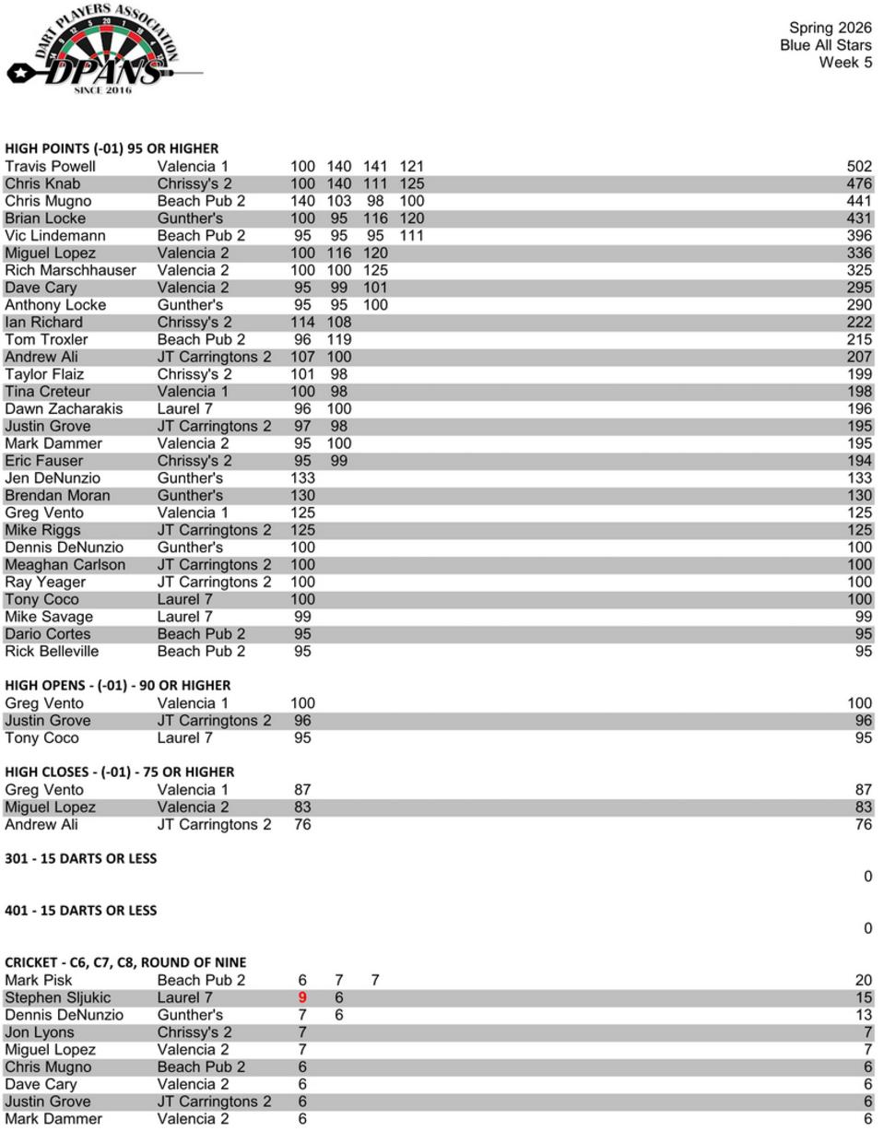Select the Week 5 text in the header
[x=844, y=63]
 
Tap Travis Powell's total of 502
[x=858, y=167]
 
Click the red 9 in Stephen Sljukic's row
[x=302, y=998]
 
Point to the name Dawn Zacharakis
[x=64, y=409]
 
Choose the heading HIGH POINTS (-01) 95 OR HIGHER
[x=112, y=148]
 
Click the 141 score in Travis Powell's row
[x=375, y=167]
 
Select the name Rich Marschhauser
[x=70, y=271]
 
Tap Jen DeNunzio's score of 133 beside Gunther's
[x=302, y=478]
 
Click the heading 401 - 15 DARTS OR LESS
[x=81, y=911]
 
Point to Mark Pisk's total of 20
[x=863, y=981]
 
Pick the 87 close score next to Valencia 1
[x=302, y=790]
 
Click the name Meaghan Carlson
[x=65, y=565]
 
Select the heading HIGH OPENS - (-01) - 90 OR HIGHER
[x=118, y=686]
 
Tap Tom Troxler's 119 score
[x=339, y=340]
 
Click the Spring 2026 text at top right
[x=830, y=28]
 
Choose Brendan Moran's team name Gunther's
[x=190, y=496]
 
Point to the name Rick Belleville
[x=52, y=652]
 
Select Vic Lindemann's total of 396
[x=858, y=236]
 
